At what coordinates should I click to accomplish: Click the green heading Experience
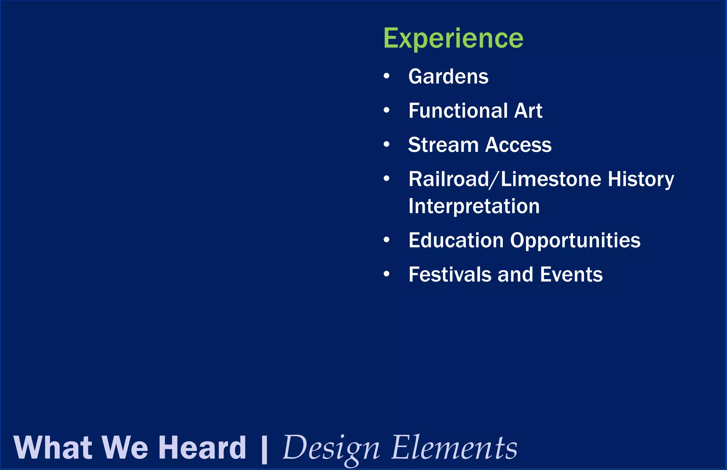pos(453,38)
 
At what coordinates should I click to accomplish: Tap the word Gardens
pos(448,77)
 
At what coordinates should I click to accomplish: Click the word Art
pos(528,111)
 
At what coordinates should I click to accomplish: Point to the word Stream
pos(443,145)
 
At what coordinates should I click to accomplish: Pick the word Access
pos(518,145)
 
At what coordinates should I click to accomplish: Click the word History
pos(641,179)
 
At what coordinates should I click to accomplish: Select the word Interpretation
pos(474,206)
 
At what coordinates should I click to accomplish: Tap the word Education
pos(456,240)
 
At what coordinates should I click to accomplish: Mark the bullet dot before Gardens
pos(387,76)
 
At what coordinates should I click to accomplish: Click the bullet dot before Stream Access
pos(387,144)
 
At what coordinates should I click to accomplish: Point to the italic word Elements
pos(454,448)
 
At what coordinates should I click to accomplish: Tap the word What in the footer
pos(53,448)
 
